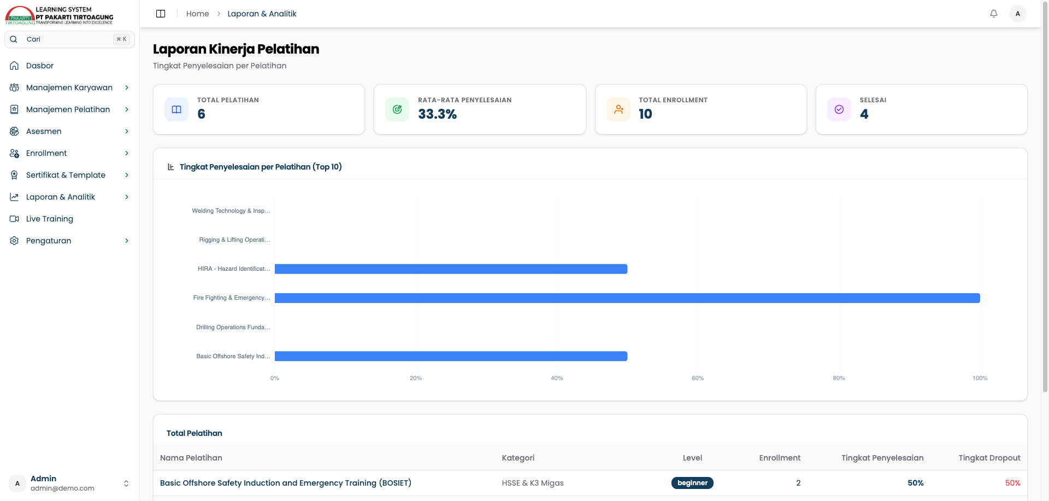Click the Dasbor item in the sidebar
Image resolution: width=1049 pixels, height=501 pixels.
(40, 66)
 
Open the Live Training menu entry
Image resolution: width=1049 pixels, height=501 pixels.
(49, 219)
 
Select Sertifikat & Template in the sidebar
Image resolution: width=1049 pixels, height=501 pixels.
(66, 175)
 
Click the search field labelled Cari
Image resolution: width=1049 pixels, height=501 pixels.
(69, 39)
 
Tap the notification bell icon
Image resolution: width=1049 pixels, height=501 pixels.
(994, 14)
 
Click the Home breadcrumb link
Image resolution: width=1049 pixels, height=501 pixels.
(197, 14)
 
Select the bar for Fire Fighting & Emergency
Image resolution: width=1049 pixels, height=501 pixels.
(627, 298)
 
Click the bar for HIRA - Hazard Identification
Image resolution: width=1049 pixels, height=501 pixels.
(451, 269)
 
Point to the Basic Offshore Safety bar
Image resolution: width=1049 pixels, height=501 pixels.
(451, 356)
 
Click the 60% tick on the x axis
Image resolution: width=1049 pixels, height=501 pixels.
(698, 378)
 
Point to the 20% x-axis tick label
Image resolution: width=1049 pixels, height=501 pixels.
(416, 378)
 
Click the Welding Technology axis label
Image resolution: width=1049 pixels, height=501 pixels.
(231, 211)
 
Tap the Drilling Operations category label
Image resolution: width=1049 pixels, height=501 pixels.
(233, 327)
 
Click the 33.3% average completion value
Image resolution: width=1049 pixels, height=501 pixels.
(437, 114)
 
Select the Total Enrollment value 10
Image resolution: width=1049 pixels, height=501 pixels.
(645, 114)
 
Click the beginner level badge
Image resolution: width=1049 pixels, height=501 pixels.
(692, 483)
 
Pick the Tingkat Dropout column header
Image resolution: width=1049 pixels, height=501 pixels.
(989, 458)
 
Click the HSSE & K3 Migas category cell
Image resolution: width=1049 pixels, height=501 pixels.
(533, 483)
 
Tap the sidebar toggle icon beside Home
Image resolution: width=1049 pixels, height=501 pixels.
(161, 14)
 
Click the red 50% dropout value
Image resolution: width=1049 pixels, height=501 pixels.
(1012, 483)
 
